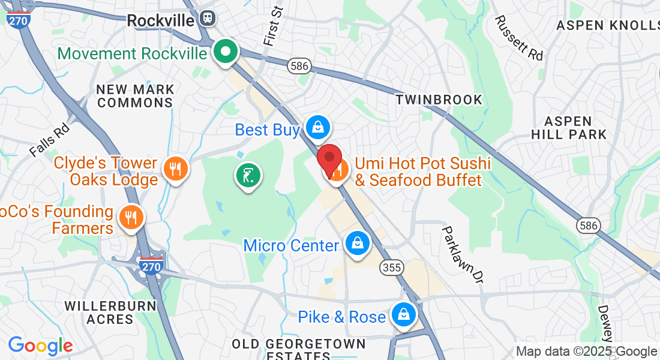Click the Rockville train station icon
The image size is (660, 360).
(x=208, y=19)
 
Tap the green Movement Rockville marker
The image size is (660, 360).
(x=226, y=52)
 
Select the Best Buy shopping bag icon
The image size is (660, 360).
(x=317, y=127)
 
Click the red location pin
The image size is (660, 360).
(x=329, y=159)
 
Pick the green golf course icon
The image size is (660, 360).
(x=248, y=176)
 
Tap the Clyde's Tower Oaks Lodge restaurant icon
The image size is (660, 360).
(x=175, y=170)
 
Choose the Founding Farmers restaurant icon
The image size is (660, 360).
(x=131, y=218)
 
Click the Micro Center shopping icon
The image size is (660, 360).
(x=358, y=244)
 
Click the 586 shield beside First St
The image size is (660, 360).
(x=298, y=66)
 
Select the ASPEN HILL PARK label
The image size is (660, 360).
(x=573, y=128)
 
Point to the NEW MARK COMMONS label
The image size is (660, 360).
(x=136, y=96)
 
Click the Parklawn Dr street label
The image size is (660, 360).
(x=463, y=253)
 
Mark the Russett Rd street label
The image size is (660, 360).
(x=519, y=38)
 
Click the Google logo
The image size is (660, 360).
(x=40, y=346)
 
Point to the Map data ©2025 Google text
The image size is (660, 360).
(x=587, y=352)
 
